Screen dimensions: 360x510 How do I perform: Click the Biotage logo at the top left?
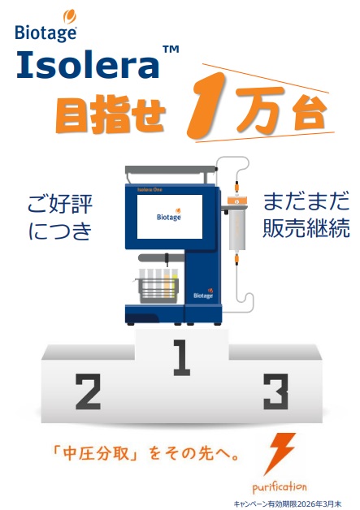[46, 25]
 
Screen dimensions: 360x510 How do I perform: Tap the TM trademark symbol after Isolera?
[171, 49]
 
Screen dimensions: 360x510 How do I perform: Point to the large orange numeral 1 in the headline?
[207, 106]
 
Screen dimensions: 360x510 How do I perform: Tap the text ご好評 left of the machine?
[60, 205]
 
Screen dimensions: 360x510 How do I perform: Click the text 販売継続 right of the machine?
[306, 228]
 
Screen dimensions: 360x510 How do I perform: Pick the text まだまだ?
[306, 201]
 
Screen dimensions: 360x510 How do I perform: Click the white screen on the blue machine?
[170, 217]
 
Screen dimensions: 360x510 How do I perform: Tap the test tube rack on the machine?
[158, 286]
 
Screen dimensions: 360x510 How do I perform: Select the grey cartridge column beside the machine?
[237, 229]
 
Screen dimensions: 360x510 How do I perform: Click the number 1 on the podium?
[182, 357]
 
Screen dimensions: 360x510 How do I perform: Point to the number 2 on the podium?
[88, 391]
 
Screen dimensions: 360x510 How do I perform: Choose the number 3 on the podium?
[276, 391]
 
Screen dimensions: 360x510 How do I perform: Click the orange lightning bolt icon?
[279, 453]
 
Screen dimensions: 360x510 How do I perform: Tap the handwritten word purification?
[280, 487]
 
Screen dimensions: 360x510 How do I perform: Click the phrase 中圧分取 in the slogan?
[97, 453]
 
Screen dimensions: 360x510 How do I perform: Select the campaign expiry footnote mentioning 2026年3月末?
[288, 504]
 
